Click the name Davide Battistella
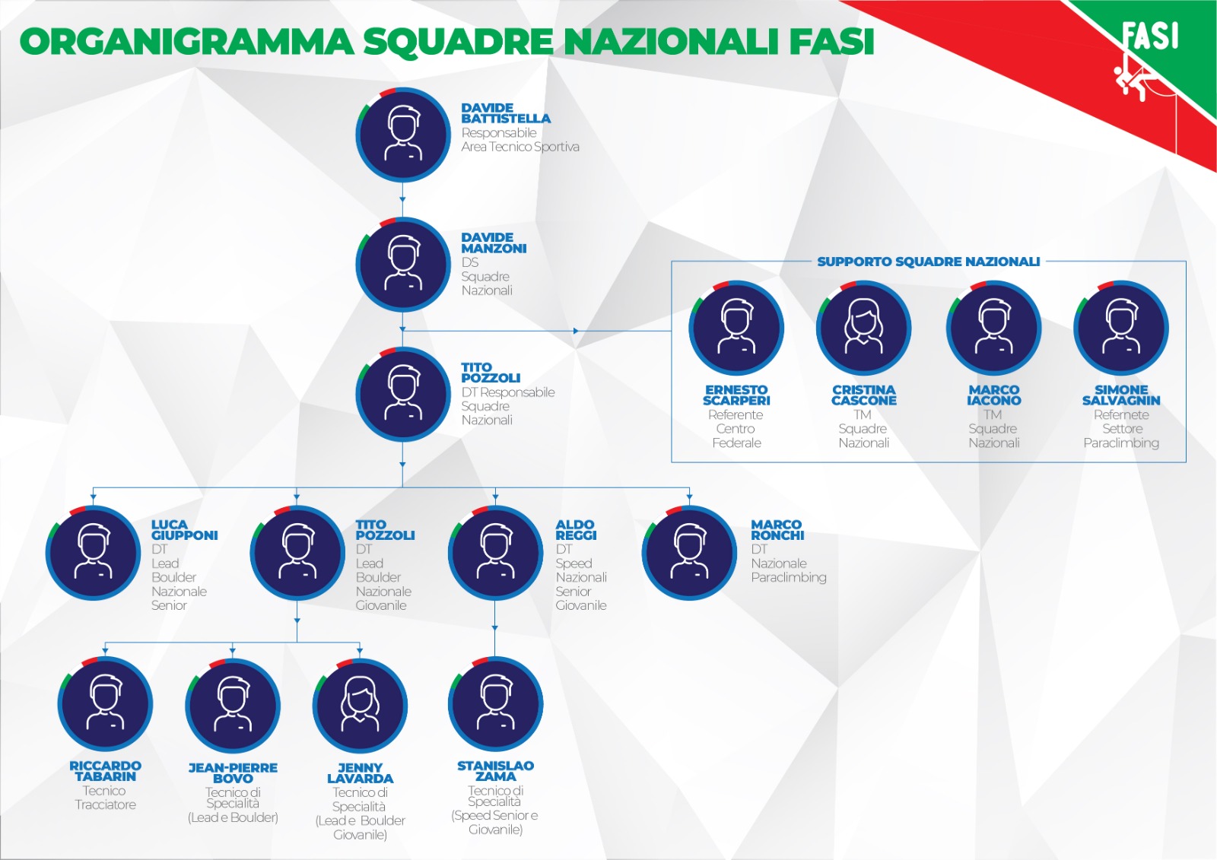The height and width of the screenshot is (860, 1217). pyautogui.click(x=506, y=113)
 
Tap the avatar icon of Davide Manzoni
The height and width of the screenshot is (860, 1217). pyautogui.click(x=402, y=265)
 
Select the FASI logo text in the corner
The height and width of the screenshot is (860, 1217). pyautogui.click(x=1151, y=36)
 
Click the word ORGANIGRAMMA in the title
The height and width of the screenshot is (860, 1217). pyautogui.click(x=186, y=41)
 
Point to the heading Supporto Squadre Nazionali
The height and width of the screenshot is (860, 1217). pyautogui.click(x=928, y=262)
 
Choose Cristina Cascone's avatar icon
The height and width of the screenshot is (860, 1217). pyautogui.click(x=863, y=328)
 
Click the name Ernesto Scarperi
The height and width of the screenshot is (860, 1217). pyautogui.click(x=736, y=395)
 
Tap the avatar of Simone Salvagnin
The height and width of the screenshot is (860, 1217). pyautogui.click(x=1121, y=328)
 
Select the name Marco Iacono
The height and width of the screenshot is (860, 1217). pyautogui.click(x=993, y=395)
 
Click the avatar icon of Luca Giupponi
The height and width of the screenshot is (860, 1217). pyautogui.click(x=93, y=553)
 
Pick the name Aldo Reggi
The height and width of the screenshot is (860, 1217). pyautogui.click(x=576, y=530)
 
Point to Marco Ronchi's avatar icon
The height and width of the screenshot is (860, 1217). pyautogui.click(x=689, y=553)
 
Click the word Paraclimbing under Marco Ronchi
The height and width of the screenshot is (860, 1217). pyautogui.click(x=788, y=577)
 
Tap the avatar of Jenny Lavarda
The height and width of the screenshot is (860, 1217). pyautogui.click(x=360, y=705)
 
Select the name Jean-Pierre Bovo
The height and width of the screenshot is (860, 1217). pyautogui.click(x=233, y=773)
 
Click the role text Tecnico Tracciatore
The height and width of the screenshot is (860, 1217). pyautogui.click(x=105, y=798)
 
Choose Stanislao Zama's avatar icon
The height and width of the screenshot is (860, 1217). pyautogui.click(x=495, y=704)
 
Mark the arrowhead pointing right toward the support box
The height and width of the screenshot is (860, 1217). pyautogui.click(x=576, y=330)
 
